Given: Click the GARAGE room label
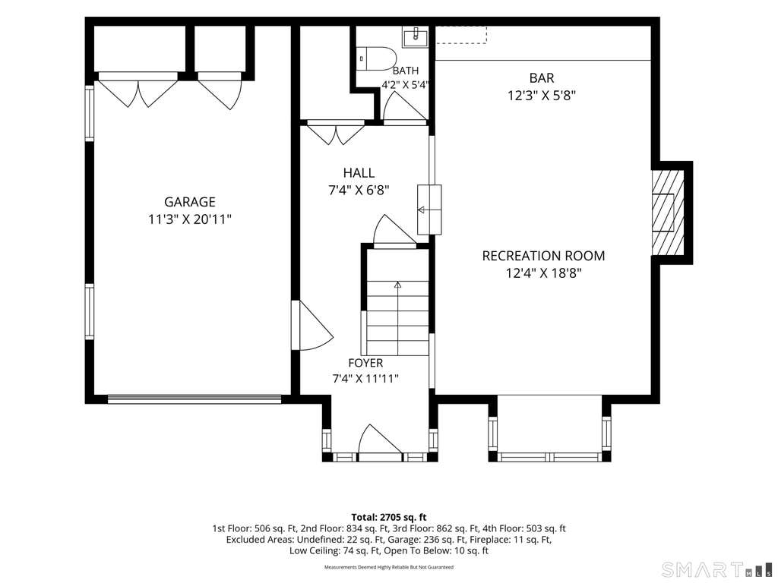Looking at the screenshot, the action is point(189,202).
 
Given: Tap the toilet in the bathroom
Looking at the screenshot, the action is point(375,58).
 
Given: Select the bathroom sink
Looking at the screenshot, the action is point(415,36).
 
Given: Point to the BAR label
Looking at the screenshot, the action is point(541,78).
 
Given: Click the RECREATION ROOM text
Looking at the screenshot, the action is point(543,256).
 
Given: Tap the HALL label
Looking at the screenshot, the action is point(359,172).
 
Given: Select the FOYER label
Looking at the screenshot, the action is point(365,363).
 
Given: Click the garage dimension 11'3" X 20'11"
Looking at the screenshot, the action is point(189,219).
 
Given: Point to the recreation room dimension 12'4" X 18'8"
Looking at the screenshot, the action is point(543,273).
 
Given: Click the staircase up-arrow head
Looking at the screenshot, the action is point(397,285).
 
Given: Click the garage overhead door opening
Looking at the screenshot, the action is point(194,399).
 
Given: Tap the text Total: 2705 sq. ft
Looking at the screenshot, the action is point(388,518).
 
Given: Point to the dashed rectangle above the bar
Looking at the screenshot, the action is point(461,35).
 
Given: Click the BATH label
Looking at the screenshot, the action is point(406,71).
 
